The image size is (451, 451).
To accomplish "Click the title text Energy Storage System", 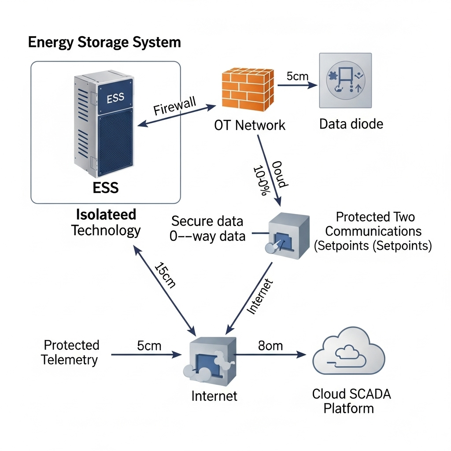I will click(104, 42).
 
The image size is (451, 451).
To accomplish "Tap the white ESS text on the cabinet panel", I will click(115, 98).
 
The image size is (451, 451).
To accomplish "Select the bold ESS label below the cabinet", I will click(106, 188).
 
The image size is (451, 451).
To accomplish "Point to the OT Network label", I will click(249, 125).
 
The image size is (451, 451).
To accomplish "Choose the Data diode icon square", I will click(345, 80).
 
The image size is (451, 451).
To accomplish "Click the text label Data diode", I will click(351, 124).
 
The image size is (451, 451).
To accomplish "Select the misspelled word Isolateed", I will click(106, 214).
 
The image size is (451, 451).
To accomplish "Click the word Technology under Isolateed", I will click(106, 230).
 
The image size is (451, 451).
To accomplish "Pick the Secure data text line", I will click(207, 221).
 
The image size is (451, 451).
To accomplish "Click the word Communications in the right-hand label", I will click(373, 231).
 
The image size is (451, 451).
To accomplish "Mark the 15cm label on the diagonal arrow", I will click(165, 275).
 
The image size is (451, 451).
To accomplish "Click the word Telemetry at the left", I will click(70, 360).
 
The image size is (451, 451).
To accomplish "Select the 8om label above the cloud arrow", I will click(270, 346).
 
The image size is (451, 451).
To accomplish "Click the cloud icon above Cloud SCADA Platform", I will click(348, 352).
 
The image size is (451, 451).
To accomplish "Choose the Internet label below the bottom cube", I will click(214, 396).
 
